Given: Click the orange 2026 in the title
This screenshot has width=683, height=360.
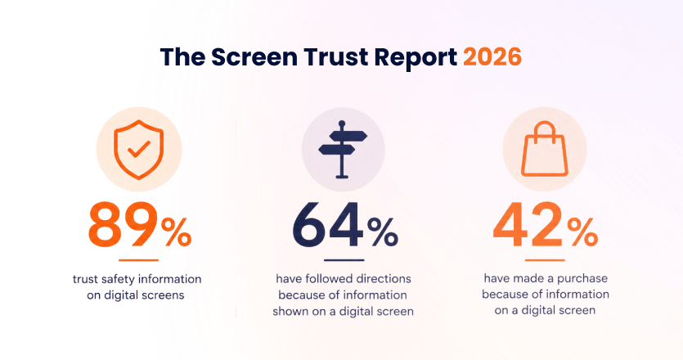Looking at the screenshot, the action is click(492, 57).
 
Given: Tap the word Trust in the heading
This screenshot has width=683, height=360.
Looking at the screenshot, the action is click(336, 57).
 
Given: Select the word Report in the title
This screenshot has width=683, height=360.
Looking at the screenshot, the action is click(416, 58).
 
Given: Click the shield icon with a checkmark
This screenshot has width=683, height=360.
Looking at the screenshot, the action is click(138, 150).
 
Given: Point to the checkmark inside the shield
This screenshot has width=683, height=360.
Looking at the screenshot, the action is click(138, 149).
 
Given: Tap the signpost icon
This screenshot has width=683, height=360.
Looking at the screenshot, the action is click(343, 150).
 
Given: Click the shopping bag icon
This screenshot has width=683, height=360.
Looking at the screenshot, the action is click(545, 149).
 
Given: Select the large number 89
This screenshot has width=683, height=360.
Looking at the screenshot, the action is click(124, 225).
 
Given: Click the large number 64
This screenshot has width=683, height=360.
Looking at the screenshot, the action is click(328, 225).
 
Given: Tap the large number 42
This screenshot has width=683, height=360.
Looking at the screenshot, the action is click(528, 225).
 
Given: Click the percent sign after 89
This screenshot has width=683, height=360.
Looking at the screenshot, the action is click(176, 232).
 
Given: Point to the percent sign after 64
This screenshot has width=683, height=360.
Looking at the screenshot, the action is click(383, 232).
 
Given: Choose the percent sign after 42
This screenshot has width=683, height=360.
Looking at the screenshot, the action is click(583, 232).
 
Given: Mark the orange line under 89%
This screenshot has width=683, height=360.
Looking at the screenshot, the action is click(138, 260).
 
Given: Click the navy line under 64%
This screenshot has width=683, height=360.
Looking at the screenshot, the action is click(344, 260).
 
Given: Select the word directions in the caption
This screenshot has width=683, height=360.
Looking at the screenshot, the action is click(384, 278).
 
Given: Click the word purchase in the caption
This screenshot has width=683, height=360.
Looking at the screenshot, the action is click(582, 279).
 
